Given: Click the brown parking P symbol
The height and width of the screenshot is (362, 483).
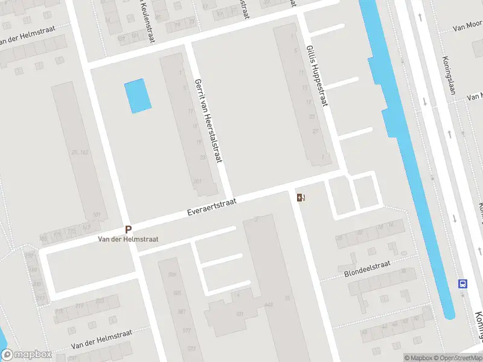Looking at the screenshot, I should tap(128, 229).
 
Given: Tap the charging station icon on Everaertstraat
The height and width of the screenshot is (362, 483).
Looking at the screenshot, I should tap(301, 197).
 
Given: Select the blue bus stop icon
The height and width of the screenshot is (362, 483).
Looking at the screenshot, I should tap(463, 284).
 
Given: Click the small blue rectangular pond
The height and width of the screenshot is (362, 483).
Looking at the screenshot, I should tap(138, 96).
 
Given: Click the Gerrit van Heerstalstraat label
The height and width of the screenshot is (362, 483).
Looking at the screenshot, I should tap(209, 120).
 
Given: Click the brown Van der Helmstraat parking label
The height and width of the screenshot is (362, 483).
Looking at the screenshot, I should tap(128, 239).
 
